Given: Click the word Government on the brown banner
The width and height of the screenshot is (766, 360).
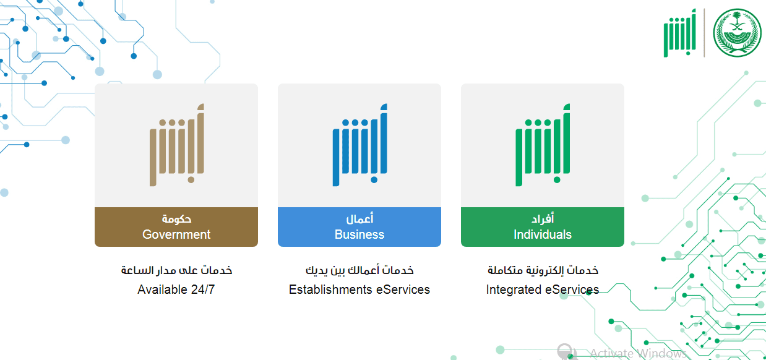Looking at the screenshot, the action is [x=176, y=234].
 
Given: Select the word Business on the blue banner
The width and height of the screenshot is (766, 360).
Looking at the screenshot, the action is [x=359, y=234].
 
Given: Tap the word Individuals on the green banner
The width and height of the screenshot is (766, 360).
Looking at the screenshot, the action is [x=543, y=234].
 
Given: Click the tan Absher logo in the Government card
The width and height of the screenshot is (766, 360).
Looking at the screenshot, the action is [x=177, y=145].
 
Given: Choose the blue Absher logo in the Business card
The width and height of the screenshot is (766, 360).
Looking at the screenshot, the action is [x=359, y=145].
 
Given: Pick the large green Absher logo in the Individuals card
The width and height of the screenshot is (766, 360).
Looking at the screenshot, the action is [x=543, y=145].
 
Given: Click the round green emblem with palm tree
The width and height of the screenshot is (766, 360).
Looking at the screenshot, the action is [x=737, y=33].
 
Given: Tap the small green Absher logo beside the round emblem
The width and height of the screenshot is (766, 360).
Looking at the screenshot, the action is [x=680, y=33].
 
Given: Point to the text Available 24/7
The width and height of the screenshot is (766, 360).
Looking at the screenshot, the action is [x=176, y=289].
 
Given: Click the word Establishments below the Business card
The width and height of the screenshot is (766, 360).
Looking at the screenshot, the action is [x=330, y=289].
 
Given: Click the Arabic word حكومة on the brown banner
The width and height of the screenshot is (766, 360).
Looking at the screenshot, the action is [x=176, y=218].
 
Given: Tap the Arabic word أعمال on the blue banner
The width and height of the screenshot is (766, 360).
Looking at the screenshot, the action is [x=359, y=218].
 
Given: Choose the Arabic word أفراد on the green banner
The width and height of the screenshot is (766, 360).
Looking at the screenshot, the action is [x=543, y=218].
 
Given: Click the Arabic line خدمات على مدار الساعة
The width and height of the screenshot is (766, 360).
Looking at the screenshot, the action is [x=176, y=270].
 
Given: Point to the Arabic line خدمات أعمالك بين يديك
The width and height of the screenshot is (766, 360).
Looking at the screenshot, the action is [x=359, y=270].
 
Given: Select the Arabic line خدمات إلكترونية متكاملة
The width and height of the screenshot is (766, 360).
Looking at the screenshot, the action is [x=543, y=270].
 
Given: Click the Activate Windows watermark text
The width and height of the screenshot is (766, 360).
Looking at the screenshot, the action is [x=638, y=353].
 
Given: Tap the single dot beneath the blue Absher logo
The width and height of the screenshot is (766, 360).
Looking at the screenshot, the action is [x=374, y=180].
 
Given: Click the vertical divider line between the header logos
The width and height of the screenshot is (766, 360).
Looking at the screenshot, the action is [x=704, y=33].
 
